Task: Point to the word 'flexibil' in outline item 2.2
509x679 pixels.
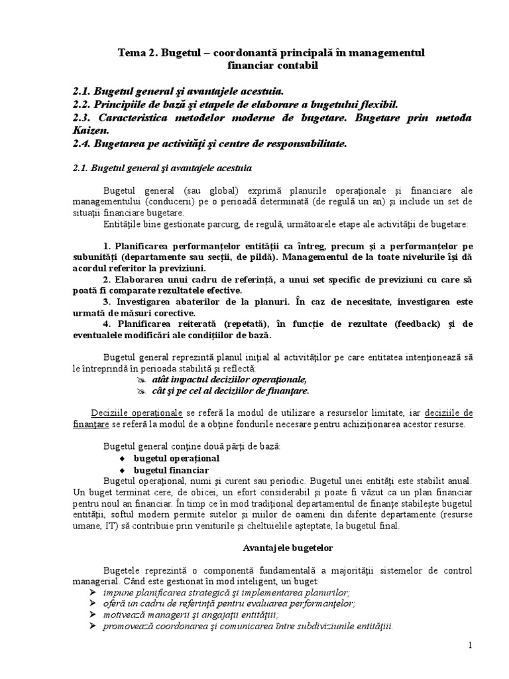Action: click(x=379, y=104)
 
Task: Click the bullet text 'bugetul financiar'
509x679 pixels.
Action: click(x=166, y=469)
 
